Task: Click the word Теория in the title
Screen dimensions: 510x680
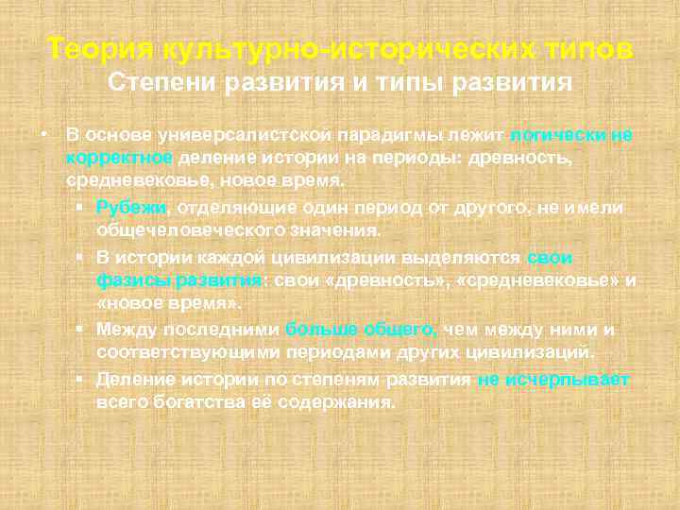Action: pos(101,48)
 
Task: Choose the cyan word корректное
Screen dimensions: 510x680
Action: pos(119,157)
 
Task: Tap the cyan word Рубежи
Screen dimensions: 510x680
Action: pos(131,208)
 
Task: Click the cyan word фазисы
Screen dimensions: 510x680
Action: pos(130,280)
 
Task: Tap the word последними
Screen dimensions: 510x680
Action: pos(221,330)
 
